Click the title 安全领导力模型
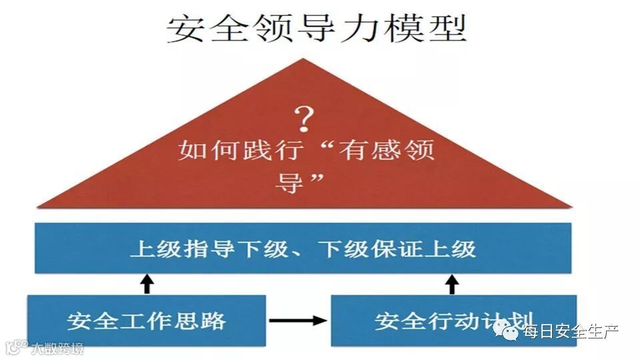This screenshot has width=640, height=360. (316, 29)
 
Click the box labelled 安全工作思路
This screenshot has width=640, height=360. (147, 321)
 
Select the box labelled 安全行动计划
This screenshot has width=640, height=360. (453, 321)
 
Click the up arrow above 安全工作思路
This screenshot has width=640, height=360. (147, 283)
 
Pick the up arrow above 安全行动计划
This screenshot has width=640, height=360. (453, 283)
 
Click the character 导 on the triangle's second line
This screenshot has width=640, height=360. (289, 181)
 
